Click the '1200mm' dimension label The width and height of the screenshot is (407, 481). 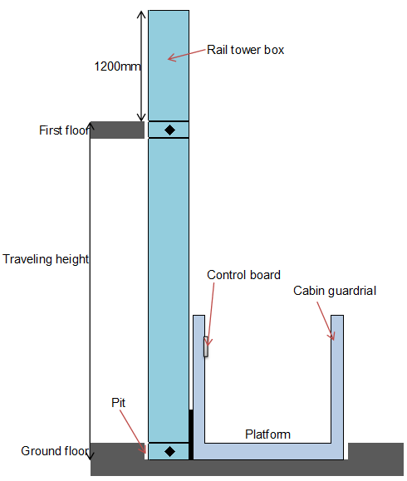(x=117, y=66)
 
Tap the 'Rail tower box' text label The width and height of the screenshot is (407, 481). (x=245, y=50)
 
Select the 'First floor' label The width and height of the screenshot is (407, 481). (x=64, y=130)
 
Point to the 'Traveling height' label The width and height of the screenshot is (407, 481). (x=46, y=259)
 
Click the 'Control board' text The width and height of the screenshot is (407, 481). (x=244, y=275)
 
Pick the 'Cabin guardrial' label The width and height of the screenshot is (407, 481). (x=335, y=291)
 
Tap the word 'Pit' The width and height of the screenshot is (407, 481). (x=119, y=403)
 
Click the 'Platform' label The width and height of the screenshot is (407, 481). (x=267, y=434)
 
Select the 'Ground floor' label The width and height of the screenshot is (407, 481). (x=55, y=451)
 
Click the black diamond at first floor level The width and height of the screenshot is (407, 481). (x=169, y=130)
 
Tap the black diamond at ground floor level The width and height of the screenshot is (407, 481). (x=169, y=451)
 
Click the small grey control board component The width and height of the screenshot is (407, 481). (x=206, y=346)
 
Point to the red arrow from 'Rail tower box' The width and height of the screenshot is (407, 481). (x=187, y=54)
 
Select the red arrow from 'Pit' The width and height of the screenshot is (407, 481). (x=133, y=431)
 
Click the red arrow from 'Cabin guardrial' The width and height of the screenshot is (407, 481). (x=326, y=321)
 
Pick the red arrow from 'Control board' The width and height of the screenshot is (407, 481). (x=210, y=314)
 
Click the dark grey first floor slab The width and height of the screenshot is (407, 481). (x=117, y=130)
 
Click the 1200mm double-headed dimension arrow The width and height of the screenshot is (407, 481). (x=141, y=66)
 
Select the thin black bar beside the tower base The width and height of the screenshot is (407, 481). (x=191, y=434)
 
